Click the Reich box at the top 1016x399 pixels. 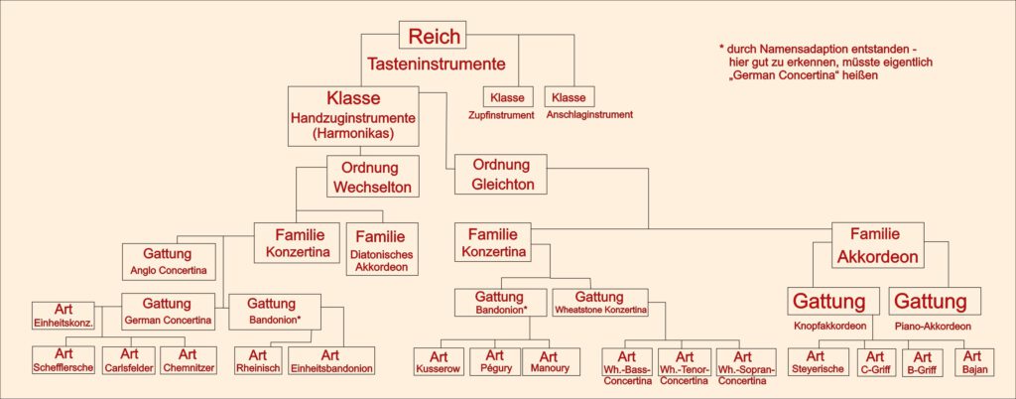click(434, 35)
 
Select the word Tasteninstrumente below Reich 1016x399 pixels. click(437, 65)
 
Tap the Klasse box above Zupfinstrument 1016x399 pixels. click(507, 97)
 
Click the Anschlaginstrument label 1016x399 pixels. click(589, 115)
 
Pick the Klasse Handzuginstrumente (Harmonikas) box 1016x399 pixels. click(353, 116)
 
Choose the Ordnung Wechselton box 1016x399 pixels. click(373, 177)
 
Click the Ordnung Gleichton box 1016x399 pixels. click(501, 174)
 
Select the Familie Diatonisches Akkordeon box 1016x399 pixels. click(383, 250)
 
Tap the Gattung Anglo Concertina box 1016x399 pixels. click(167, 262)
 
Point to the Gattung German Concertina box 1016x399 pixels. click(168, 311)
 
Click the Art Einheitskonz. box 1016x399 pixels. click(63, 315)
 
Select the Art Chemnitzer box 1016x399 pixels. click(188, 360)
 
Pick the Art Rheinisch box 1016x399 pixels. click(258, 360)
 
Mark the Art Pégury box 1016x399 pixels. click(494, 361)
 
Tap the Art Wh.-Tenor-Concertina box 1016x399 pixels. click(685, 367)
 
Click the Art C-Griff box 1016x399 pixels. click(875, 361)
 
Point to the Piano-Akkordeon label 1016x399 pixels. click(934, 327)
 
